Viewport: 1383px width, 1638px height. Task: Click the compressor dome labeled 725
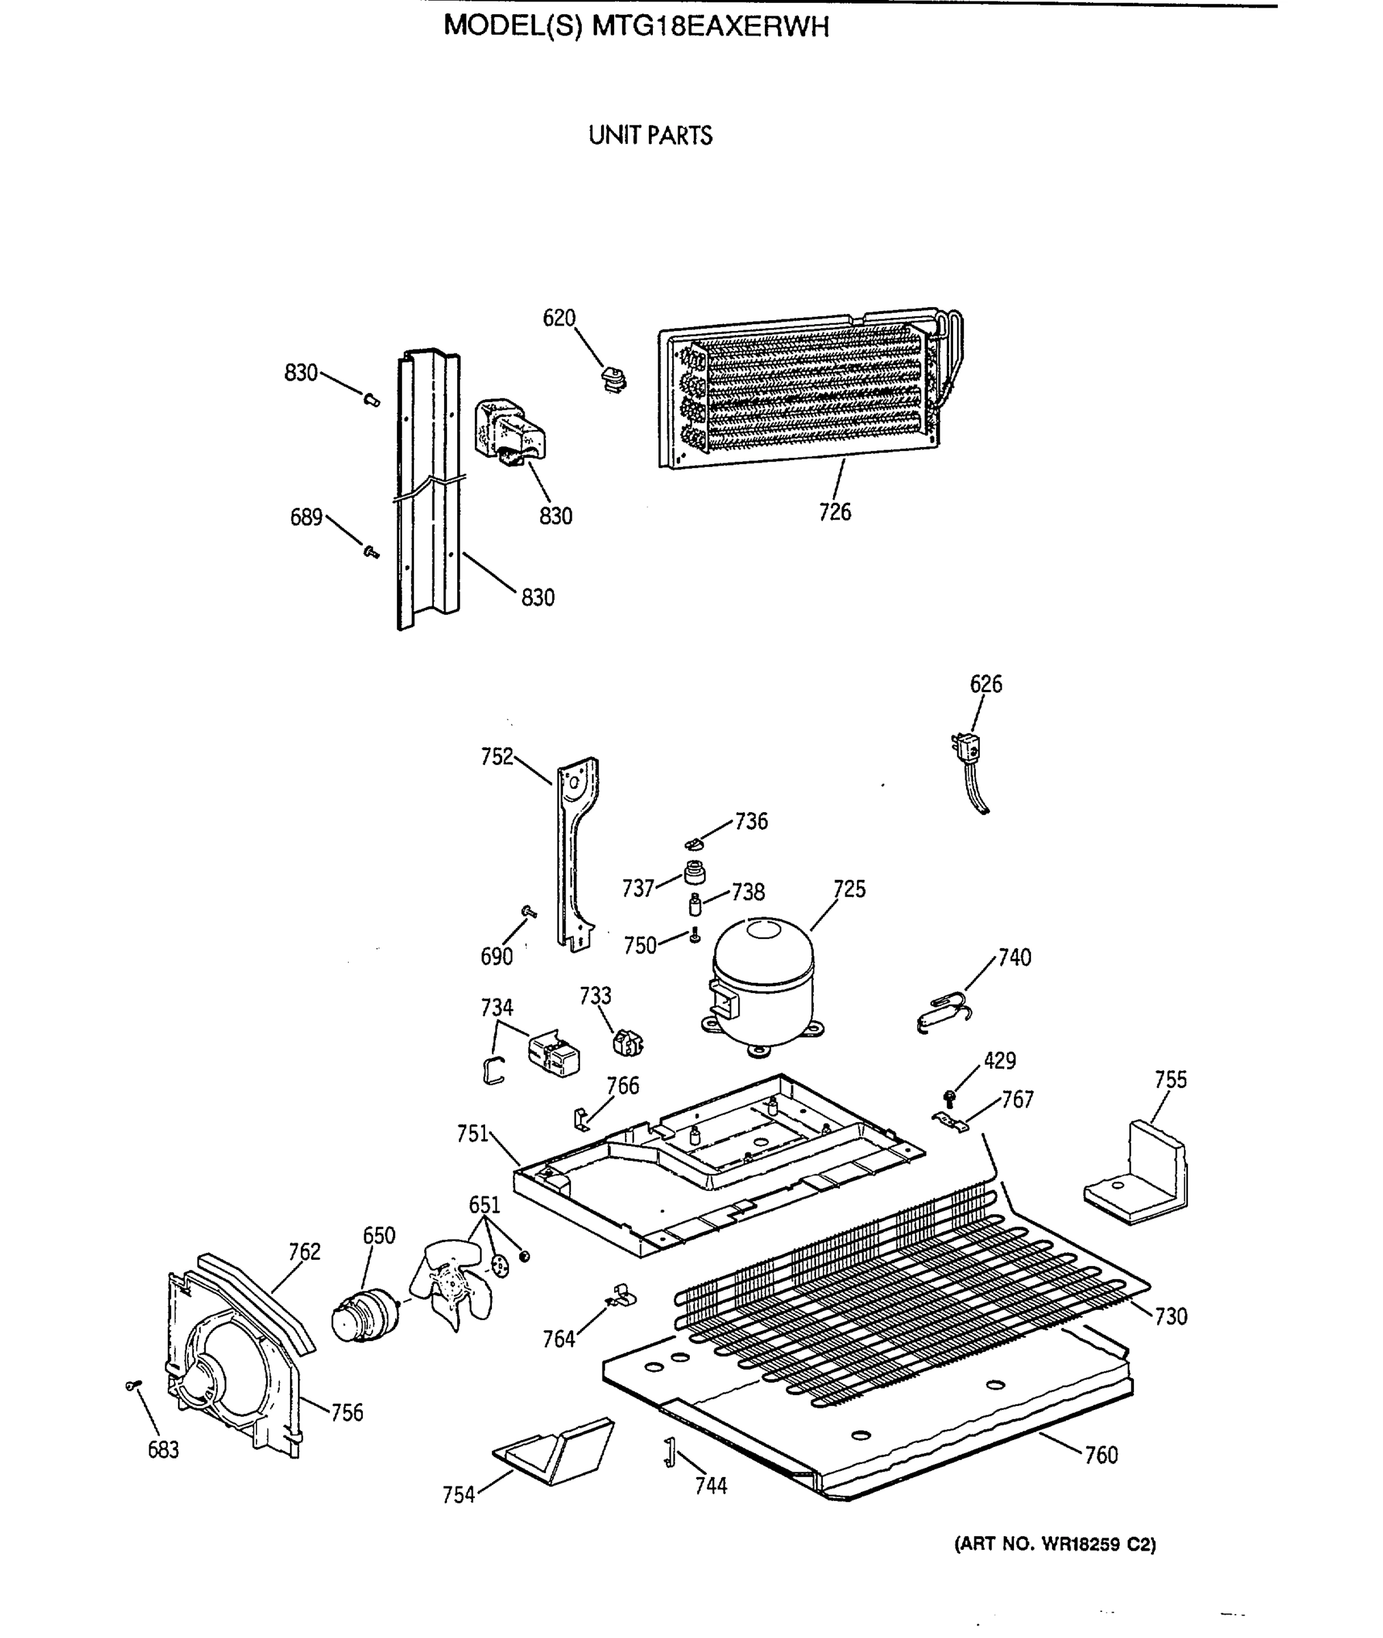tap(762, 983)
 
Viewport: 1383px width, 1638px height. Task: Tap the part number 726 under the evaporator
tap(834, 512)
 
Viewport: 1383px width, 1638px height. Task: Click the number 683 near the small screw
tap(163, 1450)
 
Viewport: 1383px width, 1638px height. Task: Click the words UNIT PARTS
tap(650, 136)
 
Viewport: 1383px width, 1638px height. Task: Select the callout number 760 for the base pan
tap(1101, 1455)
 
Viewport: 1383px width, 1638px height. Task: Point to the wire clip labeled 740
tap(945, 1012)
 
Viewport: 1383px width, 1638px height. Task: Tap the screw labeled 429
tap(950, 1099)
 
